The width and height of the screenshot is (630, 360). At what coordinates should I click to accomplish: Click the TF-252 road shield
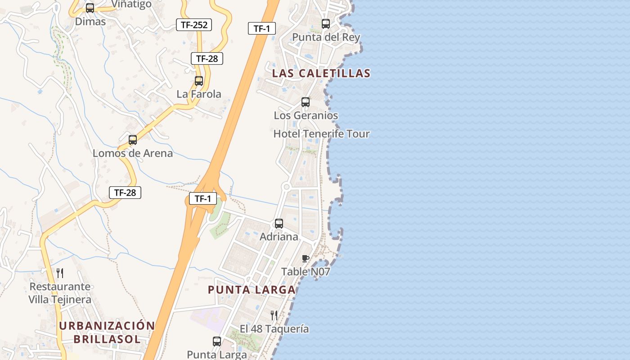194,25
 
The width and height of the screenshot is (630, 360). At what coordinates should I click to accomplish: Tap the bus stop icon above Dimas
90,8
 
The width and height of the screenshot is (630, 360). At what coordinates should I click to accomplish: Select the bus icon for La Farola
199,81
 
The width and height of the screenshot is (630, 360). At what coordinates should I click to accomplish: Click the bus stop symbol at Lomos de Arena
133,140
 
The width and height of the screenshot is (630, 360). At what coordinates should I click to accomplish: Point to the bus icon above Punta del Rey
326,24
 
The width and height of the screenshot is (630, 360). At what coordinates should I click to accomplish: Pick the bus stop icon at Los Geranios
306,102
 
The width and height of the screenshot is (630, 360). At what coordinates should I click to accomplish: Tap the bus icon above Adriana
279,224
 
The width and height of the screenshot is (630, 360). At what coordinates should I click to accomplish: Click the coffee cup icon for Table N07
306,258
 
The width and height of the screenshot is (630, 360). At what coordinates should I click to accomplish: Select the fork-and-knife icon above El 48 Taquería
274,315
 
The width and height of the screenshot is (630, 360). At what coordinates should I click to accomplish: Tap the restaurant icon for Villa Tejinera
60,273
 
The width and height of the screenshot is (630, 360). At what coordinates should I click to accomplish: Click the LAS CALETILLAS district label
321,73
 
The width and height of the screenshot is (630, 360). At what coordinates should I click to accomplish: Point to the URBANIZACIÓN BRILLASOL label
107,332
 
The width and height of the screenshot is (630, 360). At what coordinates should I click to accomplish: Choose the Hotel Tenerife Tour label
321,134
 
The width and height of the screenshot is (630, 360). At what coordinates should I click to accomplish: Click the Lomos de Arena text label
133,153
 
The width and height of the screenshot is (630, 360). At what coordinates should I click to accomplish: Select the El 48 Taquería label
274,328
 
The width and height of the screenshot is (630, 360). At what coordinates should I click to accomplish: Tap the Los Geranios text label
306,115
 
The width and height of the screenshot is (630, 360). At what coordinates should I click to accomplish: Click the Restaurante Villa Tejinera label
60,293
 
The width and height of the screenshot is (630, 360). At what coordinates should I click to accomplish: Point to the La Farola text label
199,94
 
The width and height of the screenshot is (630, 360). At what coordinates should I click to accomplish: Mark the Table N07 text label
306,271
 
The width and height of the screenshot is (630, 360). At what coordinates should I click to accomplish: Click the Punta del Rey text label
326,37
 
